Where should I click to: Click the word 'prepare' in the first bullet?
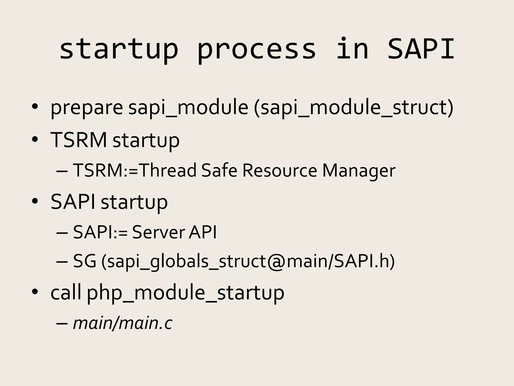(87, 108)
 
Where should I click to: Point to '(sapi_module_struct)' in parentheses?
(354, 108)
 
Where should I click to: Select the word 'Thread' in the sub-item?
(167, 170)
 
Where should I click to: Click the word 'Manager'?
(359, 171)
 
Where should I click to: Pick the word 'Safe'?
(219, 170)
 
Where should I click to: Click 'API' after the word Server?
(203, 232)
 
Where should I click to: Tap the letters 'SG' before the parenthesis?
(85, 261)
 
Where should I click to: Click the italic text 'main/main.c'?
(122, 323)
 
